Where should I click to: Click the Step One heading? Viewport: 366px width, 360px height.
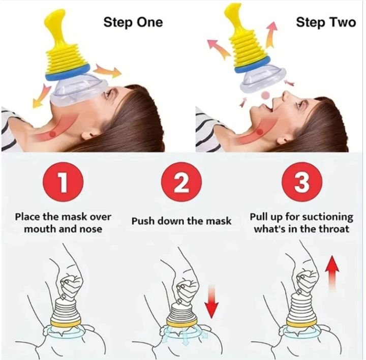tap(133, 22)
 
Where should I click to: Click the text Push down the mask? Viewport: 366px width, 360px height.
tap(181, 221)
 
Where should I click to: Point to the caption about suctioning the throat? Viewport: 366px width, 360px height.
tap(301, 223)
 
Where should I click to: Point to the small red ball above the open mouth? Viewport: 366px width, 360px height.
tap(264, 96)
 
